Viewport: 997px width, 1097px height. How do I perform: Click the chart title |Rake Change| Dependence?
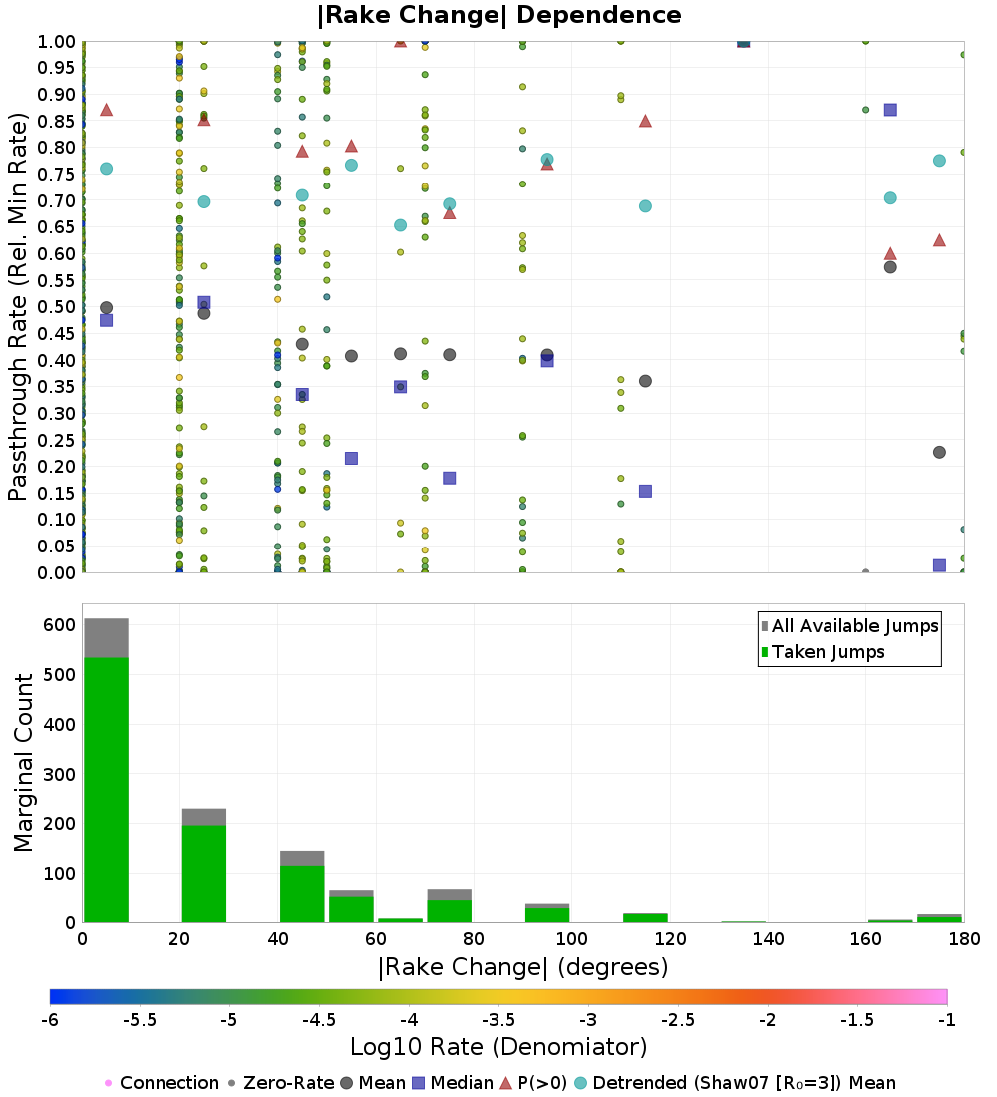coord(498,15)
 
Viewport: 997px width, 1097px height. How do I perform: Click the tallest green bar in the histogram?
coord(107,790)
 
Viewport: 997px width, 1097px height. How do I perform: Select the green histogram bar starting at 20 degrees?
coord(204,874)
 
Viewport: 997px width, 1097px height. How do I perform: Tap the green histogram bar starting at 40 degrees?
coord(302,895)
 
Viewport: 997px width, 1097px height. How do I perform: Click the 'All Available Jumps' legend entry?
coord(848,626)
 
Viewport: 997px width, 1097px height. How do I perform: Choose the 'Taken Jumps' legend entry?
coord(823,652)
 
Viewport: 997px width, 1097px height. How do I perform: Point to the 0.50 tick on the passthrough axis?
coord(56,307)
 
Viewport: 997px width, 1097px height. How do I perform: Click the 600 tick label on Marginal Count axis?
coord(60,624)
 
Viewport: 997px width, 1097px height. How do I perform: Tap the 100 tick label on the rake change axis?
coord(571,938)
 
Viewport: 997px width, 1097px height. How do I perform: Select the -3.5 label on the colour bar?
coord(498,1020)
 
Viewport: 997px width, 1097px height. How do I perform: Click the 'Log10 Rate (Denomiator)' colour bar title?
coord(498,1046)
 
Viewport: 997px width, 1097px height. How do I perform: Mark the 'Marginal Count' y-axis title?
coord(23,763)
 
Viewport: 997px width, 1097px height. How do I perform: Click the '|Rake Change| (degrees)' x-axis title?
coord(523,967)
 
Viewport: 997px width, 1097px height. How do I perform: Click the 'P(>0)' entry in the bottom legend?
coord(533,1083)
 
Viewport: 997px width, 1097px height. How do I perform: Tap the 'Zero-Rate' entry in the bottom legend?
coord(281,1083)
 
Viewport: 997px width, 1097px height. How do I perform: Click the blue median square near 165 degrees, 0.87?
coord(890,110)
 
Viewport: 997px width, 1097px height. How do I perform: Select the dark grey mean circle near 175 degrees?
coord(939,452)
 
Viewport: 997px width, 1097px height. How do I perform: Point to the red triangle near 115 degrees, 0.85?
coord(646,121)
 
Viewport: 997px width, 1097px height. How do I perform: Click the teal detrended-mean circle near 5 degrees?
coord(107,169)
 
